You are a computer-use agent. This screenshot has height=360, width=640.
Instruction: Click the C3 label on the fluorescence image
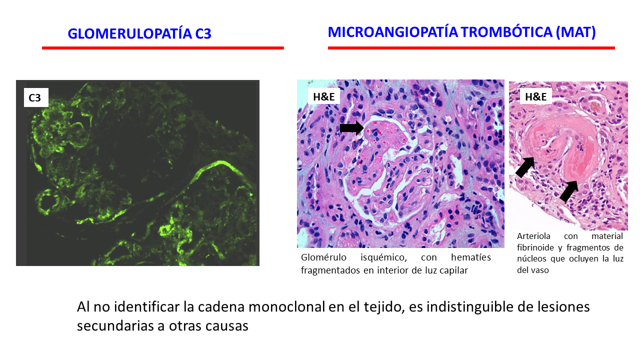(x=36, y=97)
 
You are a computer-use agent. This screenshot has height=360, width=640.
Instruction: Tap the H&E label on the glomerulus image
(x=323, y=96)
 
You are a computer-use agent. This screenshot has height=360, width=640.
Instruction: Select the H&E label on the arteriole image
(x=535, y=96)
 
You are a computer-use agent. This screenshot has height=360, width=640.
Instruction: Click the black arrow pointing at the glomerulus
(x=352, y=127)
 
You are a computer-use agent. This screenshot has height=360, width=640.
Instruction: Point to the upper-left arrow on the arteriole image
(x=525, y=167)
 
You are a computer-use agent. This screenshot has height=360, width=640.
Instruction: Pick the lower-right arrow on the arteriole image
(x=569, y=191)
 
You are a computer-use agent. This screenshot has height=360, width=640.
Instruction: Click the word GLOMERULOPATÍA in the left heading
(x=129, y=33)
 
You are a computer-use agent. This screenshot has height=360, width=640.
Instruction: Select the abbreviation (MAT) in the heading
(x=575, y=32)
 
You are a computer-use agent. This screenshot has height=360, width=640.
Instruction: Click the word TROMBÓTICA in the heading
(x=506, y=32)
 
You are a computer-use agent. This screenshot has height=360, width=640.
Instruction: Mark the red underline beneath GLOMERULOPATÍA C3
(x=163, y=48)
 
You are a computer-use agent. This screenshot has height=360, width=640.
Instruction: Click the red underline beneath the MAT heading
(x=471, y=48)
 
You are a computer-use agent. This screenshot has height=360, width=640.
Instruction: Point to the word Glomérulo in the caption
(x=323, y=257)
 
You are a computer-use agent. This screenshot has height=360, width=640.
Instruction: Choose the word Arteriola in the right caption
(x=533, y=236)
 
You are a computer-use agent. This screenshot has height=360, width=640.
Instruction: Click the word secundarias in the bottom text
(x=115, y=325)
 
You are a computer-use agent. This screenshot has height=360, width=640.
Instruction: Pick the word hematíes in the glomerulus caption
(x=471, y=257)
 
